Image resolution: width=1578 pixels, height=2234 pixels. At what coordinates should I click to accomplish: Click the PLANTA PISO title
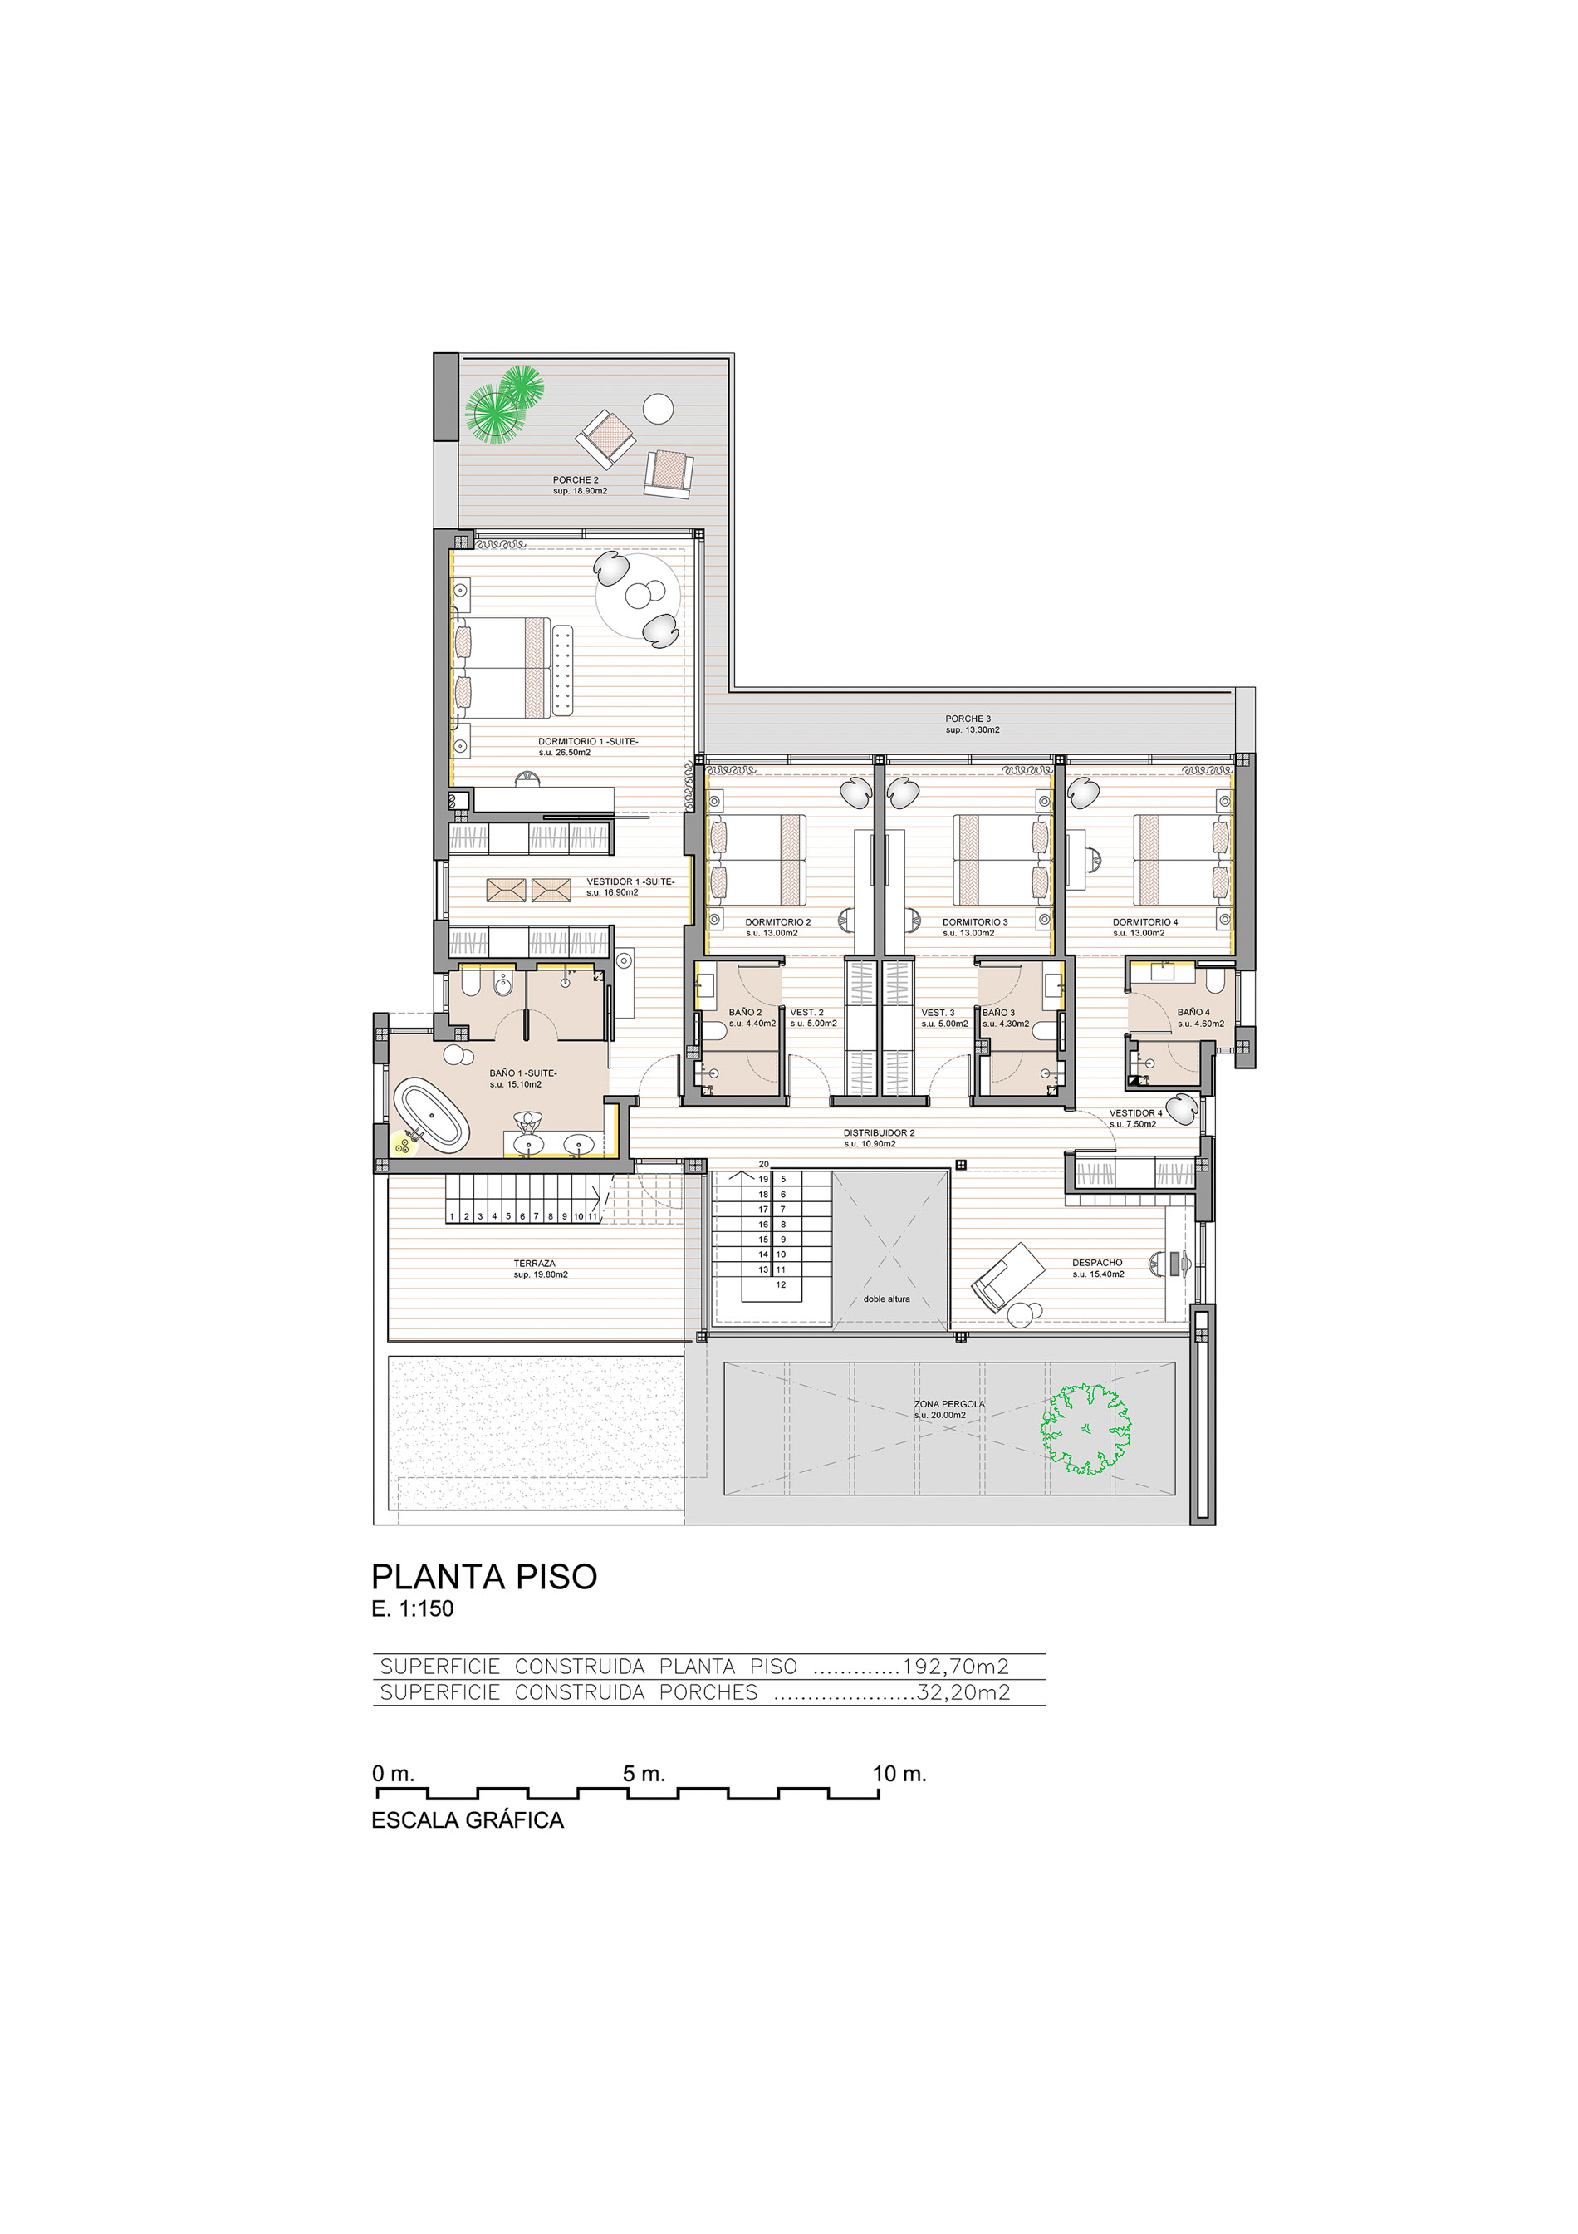pos(484,1577)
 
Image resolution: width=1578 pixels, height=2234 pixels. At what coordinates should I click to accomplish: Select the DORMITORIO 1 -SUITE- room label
pos(588,741)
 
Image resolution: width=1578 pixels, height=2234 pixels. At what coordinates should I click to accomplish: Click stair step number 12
pos(780,1284)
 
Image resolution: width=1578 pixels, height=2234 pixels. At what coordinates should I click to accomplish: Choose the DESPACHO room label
pos(1097,1263)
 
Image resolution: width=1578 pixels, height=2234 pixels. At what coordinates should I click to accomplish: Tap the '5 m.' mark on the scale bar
pos(644,1774)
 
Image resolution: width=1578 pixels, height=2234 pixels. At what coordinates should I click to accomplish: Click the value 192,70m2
pos(955,1667)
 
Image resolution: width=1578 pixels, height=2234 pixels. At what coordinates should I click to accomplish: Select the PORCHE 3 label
pos(968,719)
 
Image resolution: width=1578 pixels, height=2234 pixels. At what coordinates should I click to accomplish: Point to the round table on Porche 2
pos(658,409)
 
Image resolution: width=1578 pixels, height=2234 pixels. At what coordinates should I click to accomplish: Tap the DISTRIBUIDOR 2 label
pos(879,1132)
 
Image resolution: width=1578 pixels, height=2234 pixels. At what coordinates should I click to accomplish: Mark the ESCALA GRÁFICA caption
pos(468,1820)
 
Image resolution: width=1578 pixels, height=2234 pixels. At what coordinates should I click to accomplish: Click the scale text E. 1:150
pos(413,1608)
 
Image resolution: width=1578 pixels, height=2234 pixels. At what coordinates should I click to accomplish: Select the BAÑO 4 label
pos(1193,1012)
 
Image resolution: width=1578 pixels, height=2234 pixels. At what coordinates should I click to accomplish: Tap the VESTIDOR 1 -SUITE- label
pos(630,881)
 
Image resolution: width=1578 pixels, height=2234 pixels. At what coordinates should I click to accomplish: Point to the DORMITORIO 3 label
pos(975,921)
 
